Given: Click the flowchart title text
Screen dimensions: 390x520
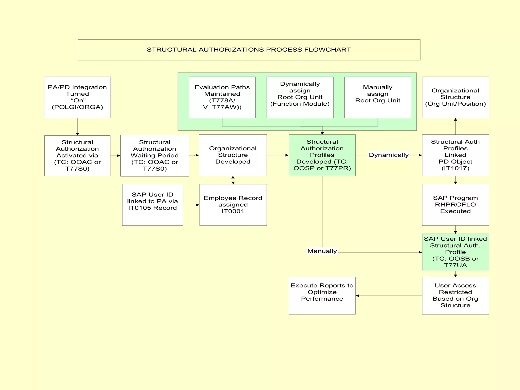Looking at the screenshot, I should pos(249,50).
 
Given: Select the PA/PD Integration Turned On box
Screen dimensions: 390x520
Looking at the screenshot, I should pos(77,97).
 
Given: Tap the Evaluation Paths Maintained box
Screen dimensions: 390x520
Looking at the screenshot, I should pos(222,97).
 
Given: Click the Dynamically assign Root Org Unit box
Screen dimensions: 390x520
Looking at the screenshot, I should pos(300,97).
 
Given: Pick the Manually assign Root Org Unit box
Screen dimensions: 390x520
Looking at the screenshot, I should pos(378,97).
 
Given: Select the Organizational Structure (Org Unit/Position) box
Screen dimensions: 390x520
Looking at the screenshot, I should pos(455,97).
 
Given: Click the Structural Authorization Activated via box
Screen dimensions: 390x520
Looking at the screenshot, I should pos(77,155).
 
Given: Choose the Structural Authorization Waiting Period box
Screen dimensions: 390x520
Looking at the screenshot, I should pos(154,155).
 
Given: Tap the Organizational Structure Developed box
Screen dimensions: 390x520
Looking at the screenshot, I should pos(233,155).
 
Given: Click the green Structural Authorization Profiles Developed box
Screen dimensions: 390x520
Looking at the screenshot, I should pos(322,155).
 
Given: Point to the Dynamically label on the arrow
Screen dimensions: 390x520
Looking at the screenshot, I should pos(388,155).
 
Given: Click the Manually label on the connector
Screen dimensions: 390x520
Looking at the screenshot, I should pos(322,251).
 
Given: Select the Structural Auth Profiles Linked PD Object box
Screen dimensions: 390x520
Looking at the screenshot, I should pos(455,155).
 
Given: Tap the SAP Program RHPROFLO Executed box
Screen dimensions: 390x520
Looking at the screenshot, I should pos(455,205).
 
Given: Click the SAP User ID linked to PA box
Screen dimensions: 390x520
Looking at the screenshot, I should pos(152,205).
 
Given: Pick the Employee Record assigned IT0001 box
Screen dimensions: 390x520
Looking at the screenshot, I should pos(233,205).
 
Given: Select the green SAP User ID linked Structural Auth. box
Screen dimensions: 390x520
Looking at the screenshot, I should pos(455,252).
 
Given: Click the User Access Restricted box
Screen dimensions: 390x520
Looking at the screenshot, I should pos(455,295).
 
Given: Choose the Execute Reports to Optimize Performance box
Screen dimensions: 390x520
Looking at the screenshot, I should pos(322,295).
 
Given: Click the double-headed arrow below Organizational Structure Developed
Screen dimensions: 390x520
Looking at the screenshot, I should pos(233,180).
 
